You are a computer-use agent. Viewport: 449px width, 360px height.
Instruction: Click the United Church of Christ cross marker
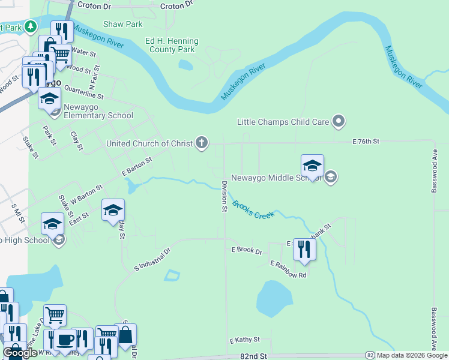click(202, 143)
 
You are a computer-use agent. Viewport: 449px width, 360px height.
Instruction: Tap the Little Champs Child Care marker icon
click(339, 122)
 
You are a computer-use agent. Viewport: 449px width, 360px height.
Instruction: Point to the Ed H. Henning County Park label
click(172, 45)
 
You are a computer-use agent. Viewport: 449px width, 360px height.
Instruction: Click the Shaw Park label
click(122, 24)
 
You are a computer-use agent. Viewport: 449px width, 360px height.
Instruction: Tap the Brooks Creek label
click(253, 210)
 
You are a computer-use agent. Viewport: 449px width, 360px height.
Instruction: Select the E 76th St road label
click(366, 141)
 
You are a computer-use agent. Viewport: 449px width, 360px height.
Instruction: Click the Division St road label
click(223, 197)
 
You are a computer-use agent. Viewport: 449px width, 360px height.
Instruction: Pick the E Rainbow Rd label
click(288, 269)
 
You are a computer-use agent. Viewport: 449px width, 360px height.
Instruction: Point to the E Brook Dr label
click(247, 250)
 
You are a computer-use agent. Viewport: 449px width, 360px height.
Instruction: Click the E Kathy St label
click(244, 340)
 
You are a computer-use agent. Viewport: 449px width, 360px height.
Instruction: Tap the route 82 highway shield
click(370, 356)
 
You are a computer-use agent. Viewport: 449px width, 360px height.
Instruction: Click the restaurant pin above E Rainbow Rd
click(305, 248)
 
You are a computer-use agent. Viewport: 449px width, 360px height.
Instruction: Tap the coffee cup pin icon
click(65, 340)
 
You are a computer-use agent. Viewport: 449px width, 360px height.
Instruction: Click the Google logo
click(20, 353)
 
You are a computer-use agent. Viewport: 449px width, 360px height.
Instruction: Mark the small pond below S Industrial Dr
click(171, 275)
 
